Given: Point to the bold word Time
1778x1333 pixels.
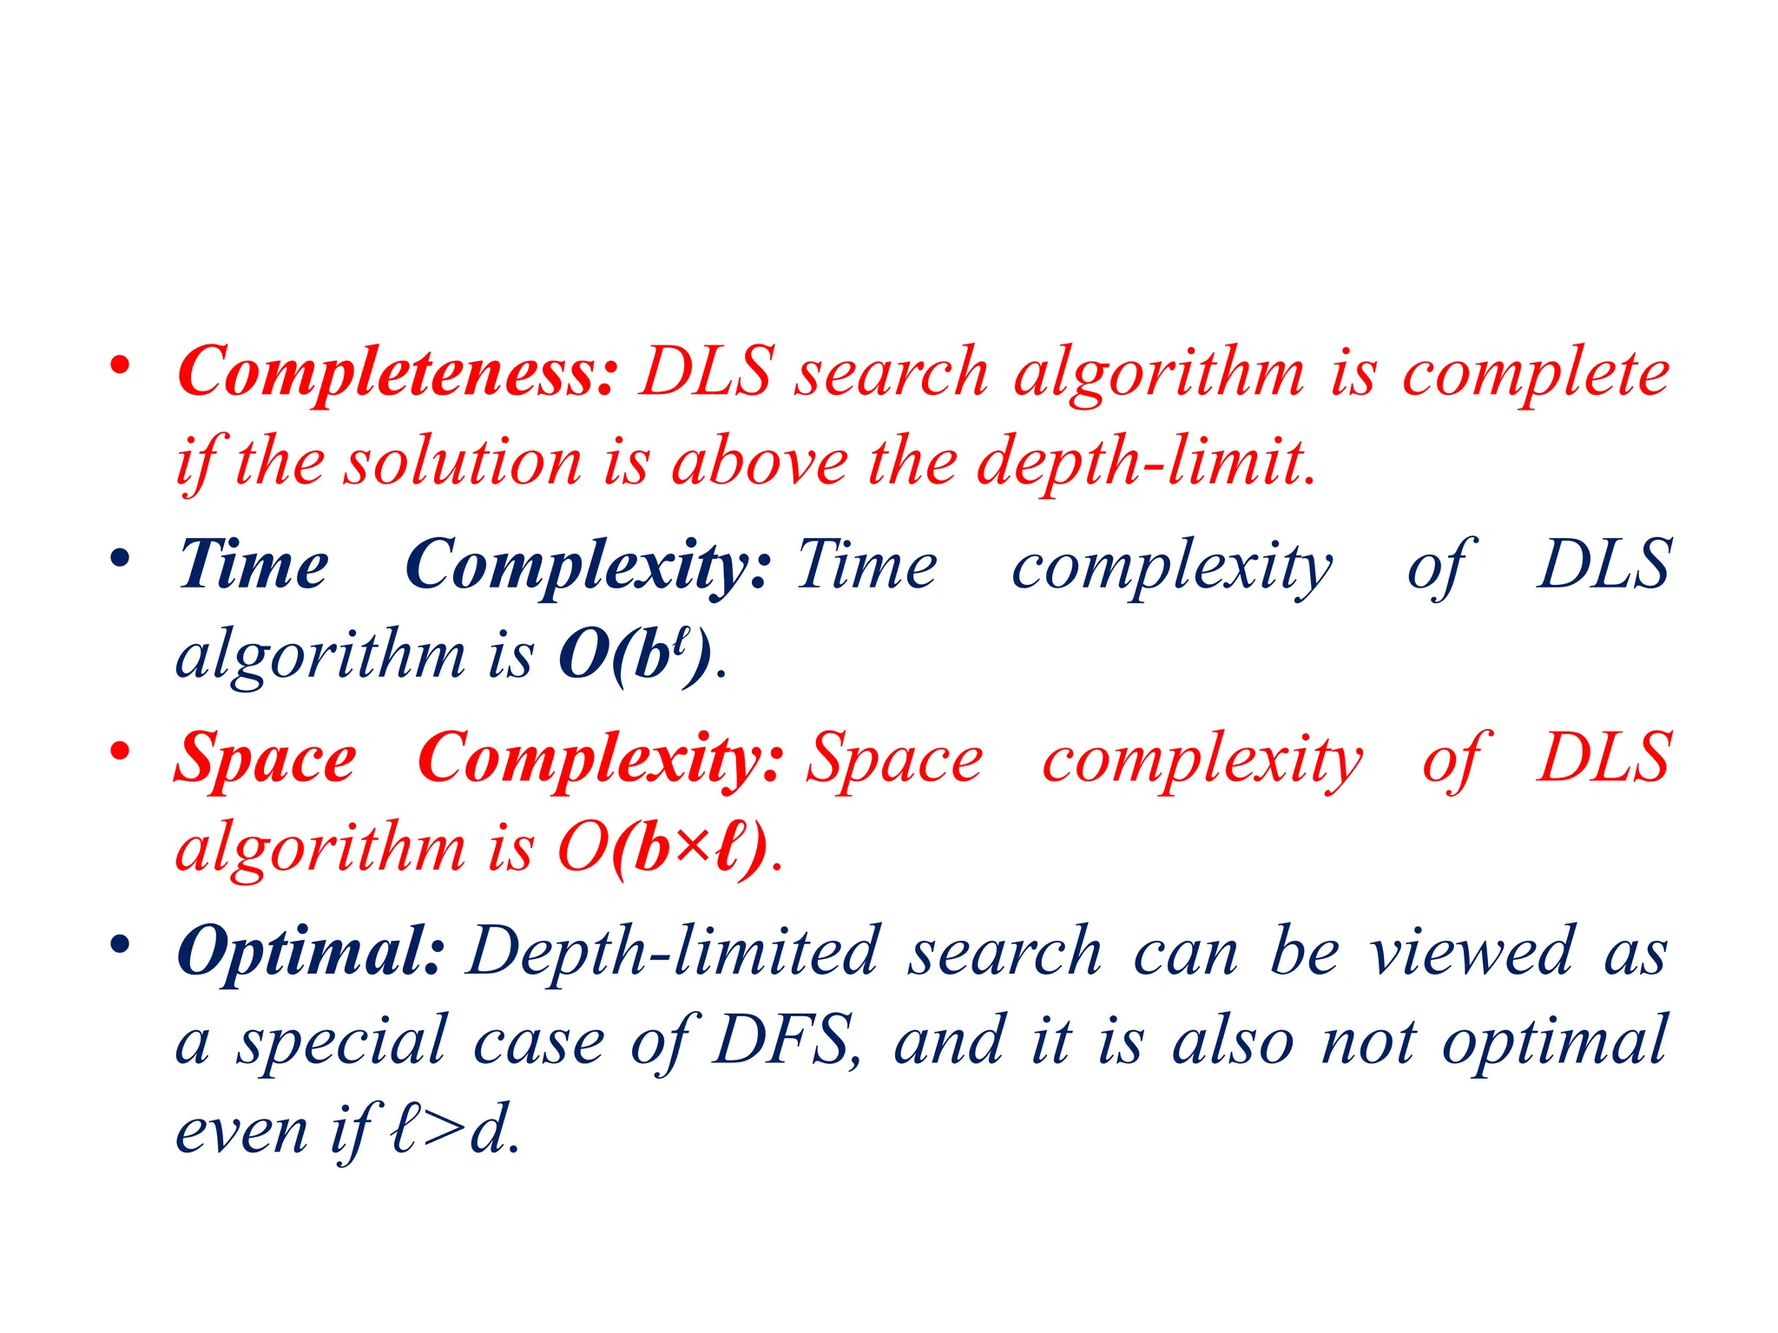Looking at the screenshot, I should pos(254,566).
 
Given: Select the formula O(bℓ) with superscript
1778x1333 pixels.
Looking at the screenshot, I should pos(635,654).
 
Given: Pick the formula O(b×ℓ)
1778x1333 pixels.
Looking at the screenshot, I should pos(663,848).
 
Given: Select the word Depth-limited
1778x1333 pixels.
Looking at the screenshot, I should pos(674,952).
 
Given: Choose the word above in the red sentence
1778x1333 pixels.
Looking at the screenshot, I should pos(761,462).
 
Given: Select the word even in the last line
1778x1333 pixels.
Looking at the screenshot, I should pos(241,1132).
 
